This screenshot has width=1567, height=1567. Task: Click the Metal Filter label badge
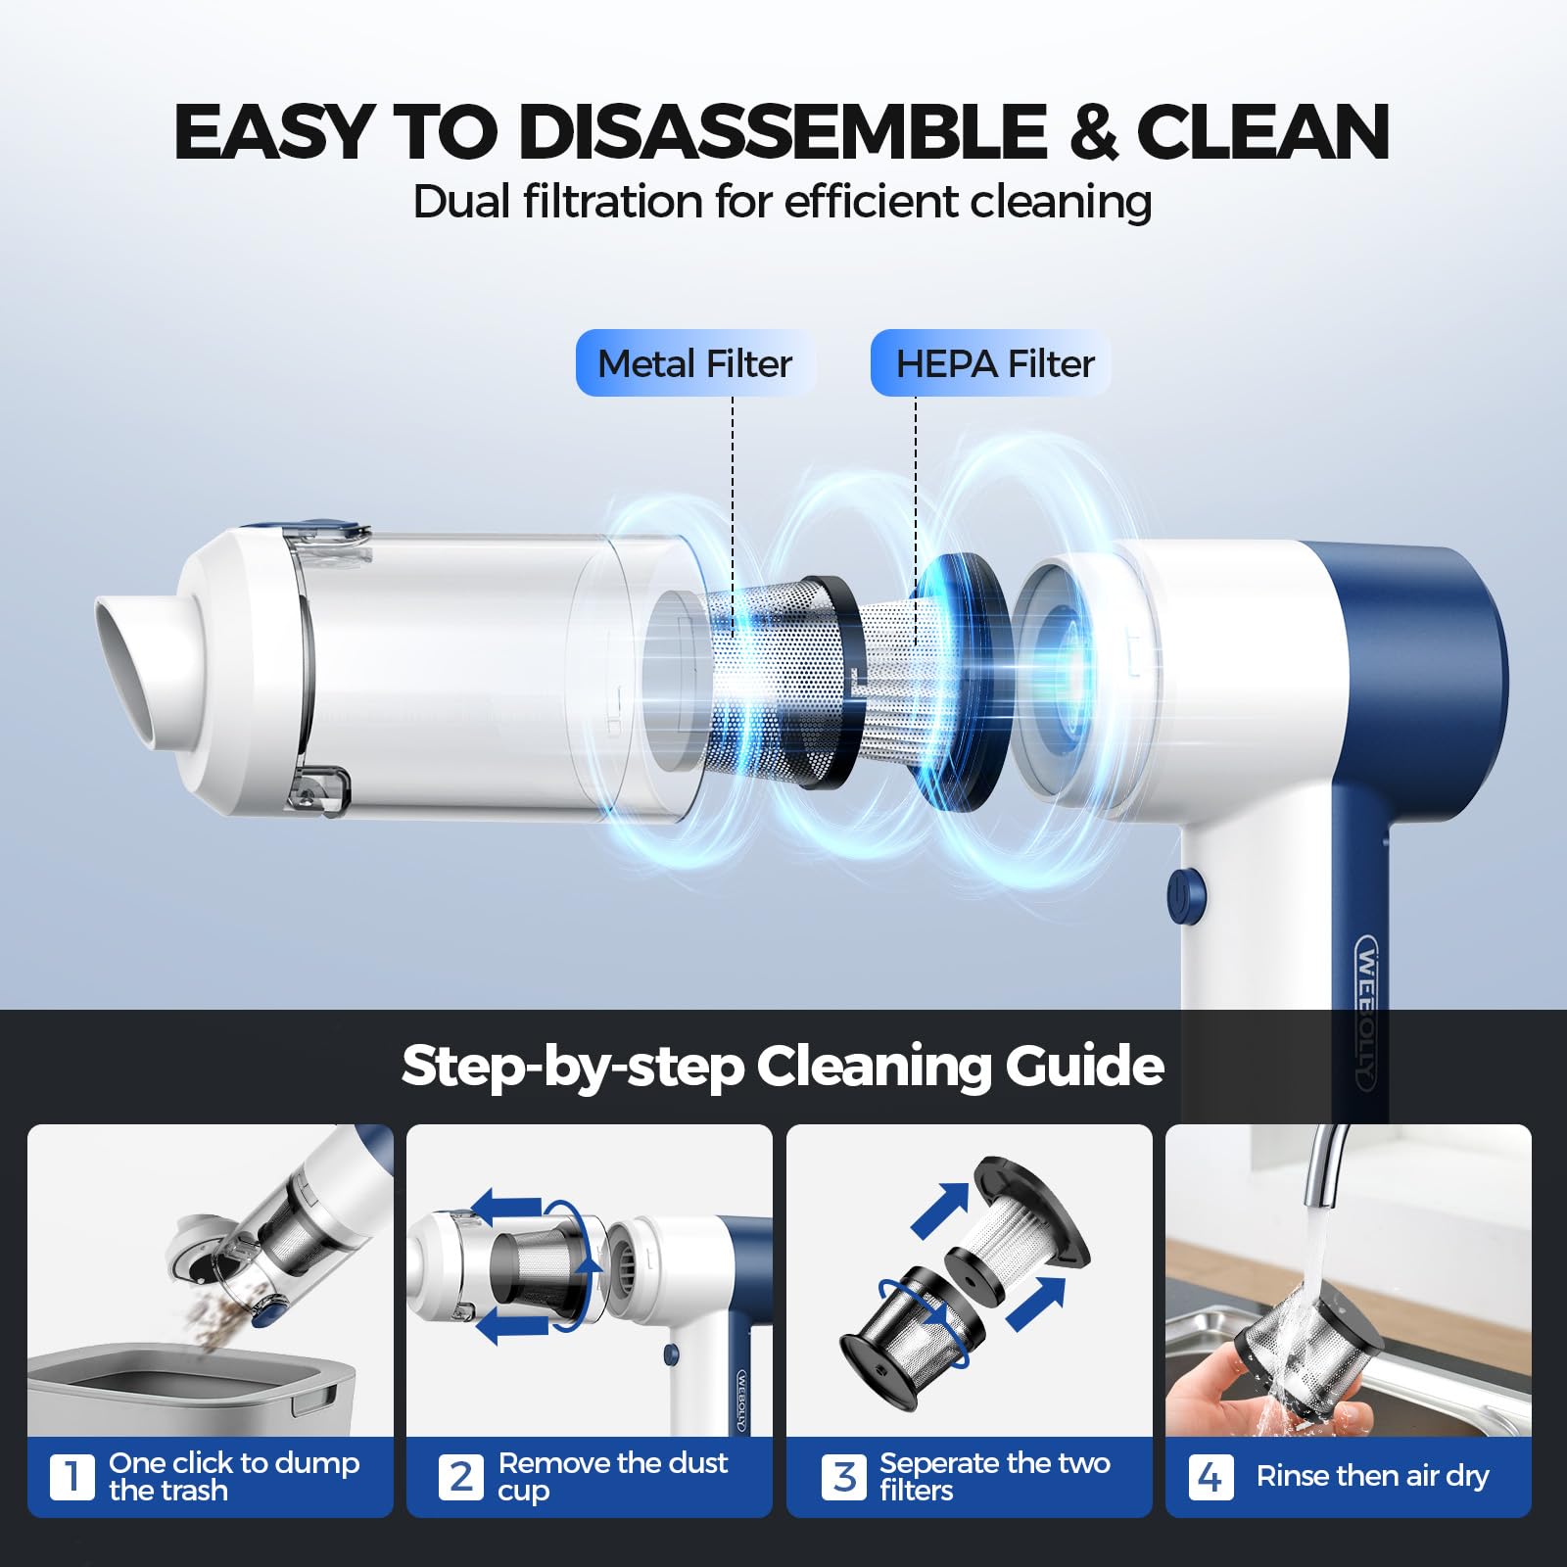[694, 363]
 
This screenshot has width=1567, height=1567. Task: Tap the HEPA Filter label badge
[990, 363]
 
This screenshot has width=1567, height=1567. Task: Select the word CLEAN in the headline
[1262, 131]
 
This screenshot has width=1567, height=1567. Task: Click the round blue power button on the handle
[1186, 895]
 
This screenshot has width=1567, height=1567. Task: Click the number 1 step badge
[71, 1476]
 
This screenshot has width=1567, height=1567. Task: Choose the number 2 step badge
[460, 1476]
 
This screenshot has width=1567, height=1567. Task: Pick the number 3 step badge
[843, 1476]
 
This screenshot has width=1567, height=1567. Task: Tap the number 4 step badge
[1210, 1476]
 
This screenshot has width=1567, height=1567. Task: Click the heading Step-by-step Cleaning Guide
[783, 1066]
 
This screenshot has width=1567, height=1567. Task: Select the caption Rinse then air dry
[1371, 1476]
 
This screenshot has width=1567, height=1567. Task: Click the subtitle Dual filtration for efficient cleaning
[782, 202]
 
